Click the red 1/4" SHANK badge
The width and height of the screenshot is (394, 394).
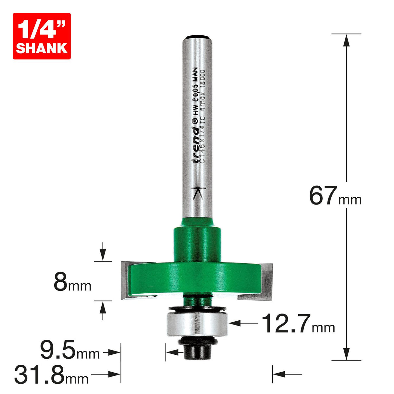pos(42,36)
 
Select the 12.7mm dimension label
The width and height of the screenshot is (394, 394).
pos(298,324)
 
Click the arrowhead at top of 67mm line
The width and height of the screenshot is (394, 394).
pos(346,41)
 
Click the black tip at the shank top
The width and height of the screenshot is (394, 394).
pos(197,36)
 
